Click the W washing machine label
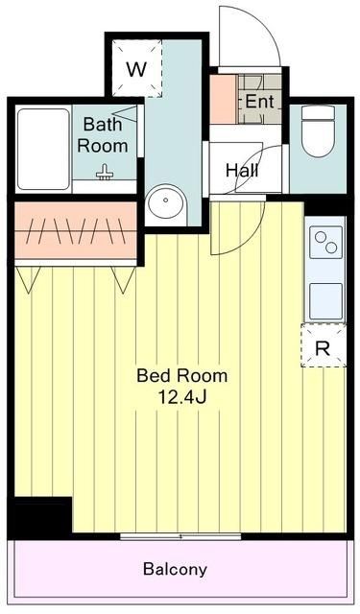[137, 69]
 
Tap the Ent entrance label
[258, 102]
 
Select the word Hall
[240, 170]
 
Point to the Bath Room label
[104, 134]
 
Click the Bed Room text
[181, 375]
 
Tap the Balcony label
[175, 569]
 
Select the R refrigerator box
[323, 348]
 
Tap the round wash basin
[166, 204]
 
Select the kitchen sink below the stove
[324, 299]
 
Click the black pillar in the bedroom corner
[41, 517]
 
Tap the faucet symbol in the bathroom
[105, 173]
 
